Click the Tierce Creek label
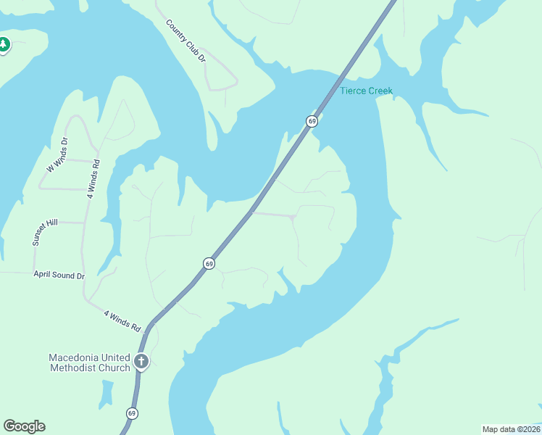click(x=366, y=91)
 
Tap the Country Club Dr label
click(x=186, y=41)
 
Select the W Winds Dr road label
click(x=57, y=155)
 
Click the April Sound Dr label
click(x=59, y=275)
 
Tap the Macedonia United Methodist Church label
click(x=89, y=362)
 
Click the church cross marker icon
click(x=141, y=362)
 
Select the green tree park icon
click(x=4, y=45)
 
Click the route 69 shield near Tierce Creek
click(x=312, y=121)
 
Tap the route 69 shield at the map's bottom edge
click(x=131, y=413)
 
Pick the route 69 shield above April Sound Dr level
click(x=209, y=264)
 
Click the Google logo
click(x=24, y=426)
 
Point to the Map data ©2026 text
click(x=511, y=428)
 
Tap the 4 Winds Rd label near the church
click(x=122, y=320)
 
